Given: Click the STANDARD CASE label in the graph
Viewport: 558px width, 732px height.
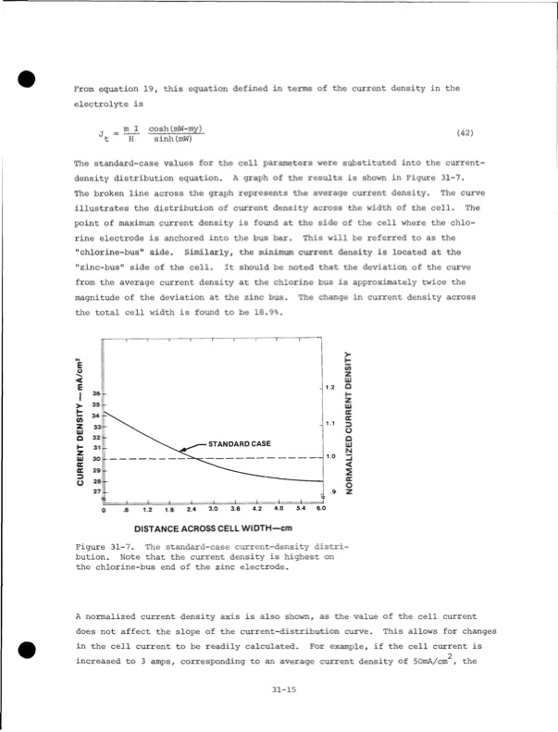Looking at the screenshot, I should pyautogui.click(x=239, y=444).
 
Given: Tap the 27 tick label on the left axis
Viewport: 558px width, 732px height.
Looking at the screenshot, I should pyautogui.click(x=95, y=490).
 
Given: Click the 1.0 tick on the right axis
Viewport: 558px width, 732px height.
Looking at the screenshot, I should pyautogui.click(x=329, y=456).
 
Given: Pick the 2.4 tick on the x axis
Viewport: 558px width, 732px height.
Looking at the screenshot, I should pyautogui.click(x=192, y=509).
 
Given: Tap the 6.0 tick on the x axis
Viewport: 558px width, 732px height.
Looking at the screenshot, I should pyautogui.click(x=321, y=509).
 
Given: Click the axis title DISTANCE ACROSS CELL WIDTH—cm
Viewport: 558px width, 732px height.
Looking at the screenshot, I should pyautogui.click(x=213, y=528).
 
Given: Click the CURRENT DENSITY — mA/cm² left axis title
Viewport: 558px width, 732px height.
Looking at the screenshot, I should pyautogui.click(x=82, y=421).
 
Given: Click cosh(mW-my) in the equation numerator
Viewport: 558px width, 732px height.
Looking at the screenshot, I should pyautogui.click(x=178, y=128).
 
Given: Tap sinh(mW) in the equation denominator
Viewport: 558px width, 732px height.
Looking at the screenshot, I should pyautogui.click(x=172, y=138).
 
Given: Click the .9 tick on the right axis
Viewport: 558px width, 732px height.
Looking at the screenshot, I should pyautogui.click(x=331, y=490).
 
